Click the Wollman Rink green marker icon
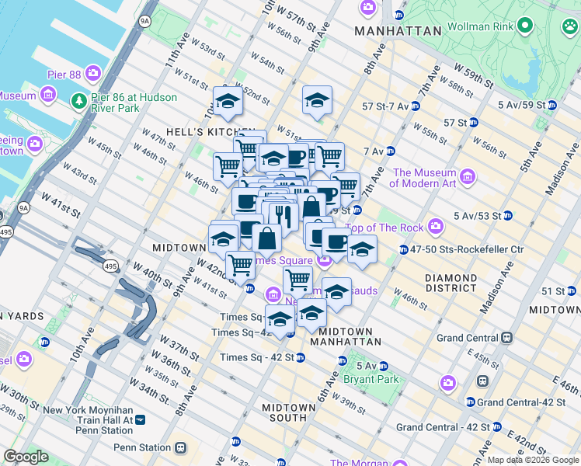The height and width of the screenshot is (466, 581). [x=525, y=26]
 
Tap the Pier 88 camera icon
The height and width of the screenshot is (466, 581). [x=93, y=74]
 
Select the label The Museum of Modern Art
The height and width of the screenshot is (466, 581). [x=423, y=178]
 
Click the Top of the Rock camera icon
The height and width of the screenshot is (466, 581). [x=436, y=226]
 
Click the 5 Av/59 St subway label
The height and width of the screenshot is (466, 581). [x=520, y=104]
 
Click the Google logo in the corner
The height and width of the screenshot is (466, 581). [x=26, y=457]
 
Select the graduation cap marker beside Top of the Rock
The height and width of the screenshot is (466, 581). [x=361, y=250]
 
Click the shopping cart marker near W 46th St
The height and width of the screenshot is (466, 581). [x=228, y=165]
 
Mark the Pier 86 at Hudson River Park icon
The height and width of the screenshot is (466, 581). [x=78, y=102]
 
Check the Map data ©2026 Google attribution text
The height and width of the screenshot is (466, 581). [x=532, y=460]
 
